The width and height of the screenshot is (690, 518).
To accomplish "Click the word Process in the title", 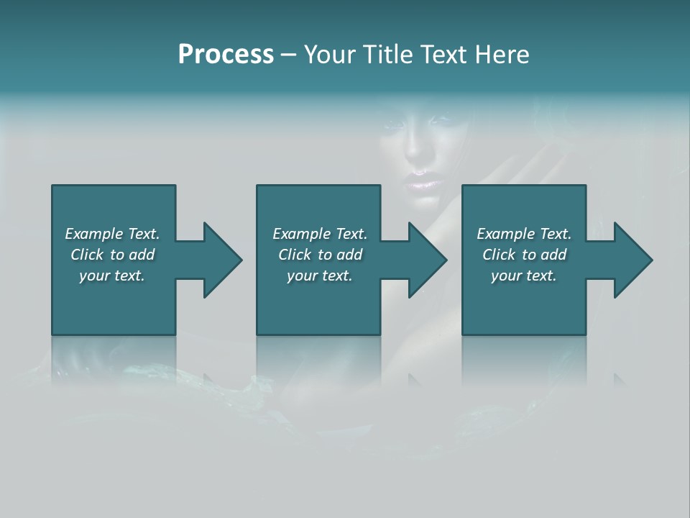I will (x=226, y=55).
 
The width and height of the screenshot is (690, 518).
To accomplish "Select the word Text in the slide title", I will (x=443, y=55).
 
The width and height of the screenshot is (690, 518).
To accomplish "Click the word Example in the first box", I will (x=94, y=234).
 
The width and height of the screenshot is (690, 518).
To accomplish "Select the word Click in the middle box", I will (x=294, y=255).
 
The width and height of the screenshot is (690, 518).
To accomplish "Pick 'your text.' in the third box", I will (x=523, y=276).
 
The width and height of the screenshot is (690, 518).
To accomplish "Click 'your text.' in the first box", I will (x=112, y=276).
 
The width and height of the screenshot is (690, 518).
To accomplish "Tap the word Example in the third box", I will (x=505, y=234).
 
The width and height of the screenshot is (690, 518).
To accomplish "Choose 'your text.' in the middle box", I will (x=319, y=276).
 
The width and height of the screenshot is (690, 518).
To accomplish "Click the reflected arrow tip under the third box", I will (x=619, y=379).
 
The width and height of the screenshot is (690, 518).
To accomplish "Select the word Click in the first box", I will (x=87, y=255).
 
